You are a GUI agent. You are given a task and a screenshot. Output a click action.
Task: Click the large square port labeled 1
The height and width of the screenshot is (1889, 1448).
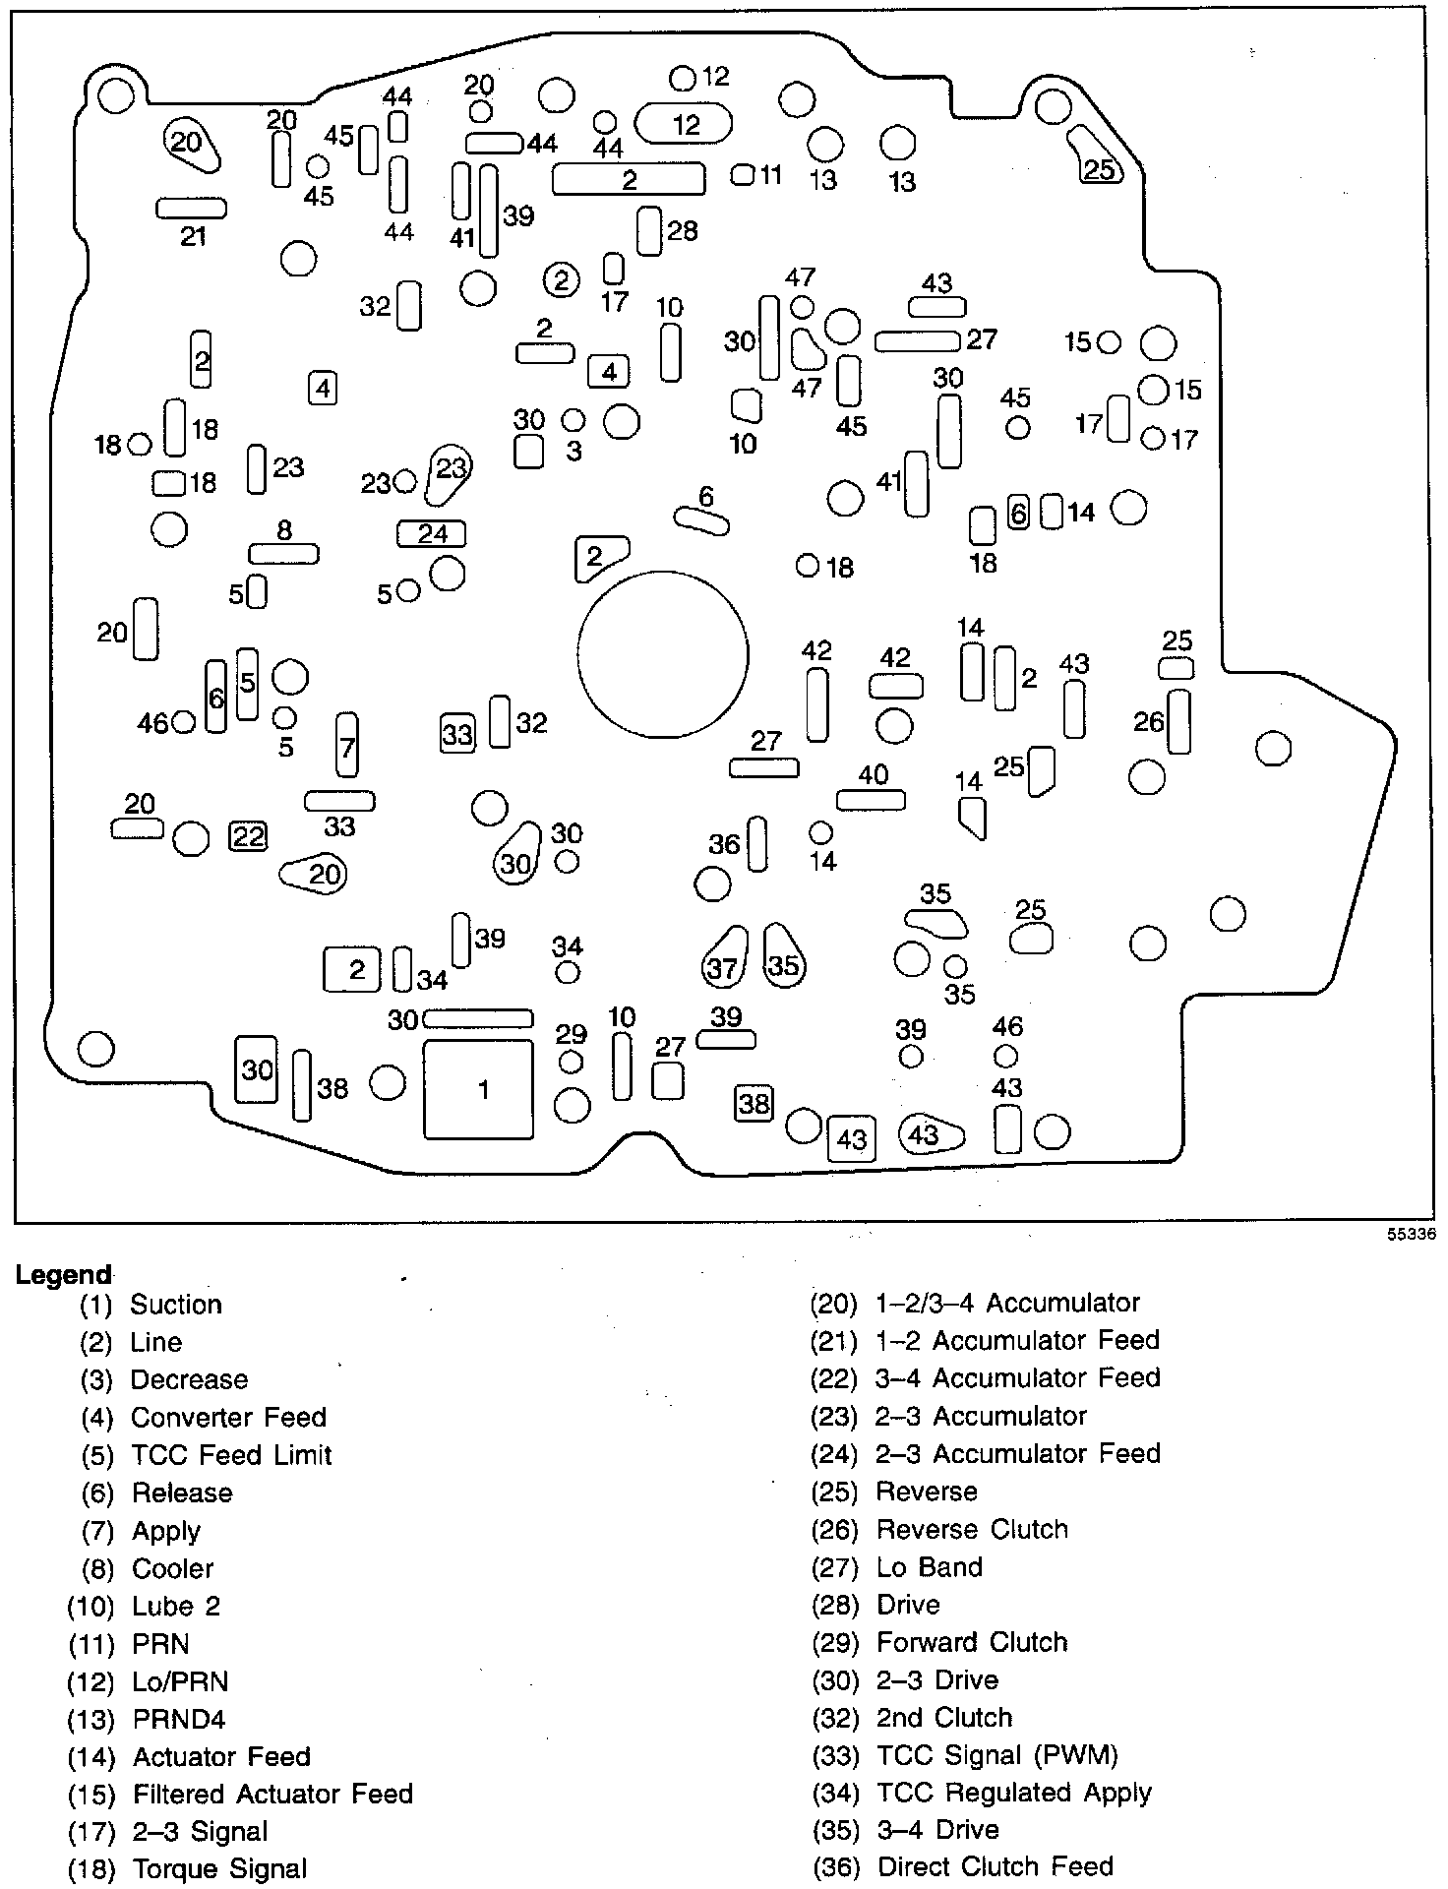click(x=478, y=1089)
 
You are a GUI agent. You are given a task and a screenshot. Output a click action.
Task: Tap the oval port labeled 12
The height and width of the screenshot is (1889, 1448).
click(x=684, y=124)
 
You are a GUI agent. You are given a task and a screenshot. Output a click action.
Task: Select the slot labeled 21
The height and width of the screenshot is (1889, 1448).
click(x=192, y=209)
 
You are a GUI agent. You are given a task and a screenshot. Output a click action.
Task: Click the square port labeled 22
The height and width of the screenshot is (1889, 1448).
click(x=248, y=836)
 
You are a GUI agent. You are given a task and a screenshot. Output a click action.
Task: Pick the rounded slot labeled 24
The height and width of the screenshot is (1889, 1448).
click(x=431, y=533)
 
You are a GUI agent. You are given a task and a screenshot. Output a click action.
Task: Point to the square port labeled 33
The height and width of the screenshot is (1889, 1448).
click(x=457, y=733)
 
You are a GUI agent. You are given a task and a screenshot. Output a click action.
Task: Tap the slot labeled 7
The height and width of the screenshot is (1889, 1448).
click(x=346, y=746)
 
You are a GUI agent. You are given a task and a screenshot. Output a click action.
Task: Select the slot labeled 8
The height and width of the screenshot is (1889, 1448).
click(x=284, y=554)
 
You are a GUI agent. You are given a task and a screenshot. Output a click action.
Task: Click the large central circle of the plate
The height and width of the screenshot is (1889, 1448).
click(x=663, y=655)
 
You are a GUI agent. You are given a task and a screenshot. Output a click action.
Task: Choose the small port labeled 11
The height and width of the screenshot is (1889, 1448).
click(x=744, y=175)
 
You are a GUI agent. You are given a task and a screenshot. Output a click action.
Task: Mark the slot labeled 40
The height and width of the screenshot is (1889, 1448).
click(x=872, y=799)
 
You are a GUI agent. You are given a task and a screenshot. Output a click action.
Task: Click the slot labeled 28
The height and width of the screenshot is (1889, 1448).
click(x=649, y=231)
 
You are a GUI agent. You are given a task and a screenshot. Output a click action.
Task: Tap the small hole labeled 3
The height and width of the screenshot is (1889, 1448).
click(x=573, y=421)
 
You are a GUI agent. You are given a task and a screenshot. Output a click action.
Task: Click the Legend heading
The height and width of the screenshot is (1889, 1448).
click(x=64, y=1274)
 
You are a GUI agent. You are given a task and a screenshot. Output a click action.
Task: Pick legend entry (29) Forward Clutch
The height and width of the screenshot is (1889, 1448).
click(x=939, y=1642)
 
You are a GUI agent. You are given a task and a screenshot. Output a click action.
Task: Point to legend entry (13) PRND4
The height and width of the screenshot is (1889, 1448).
click(x=147, y=1719)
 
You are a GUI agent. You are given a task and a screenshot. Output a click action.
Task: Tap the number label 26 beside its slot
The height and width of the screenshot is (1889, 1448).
click(x=1148, y=722)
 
